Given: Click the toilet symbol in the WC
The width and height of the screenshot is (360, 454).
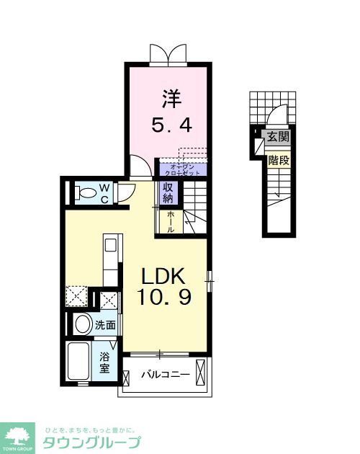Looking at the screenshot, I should pos(86,192).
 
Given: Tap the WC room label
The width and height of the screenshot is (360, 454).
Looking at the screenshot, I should pos(105,193).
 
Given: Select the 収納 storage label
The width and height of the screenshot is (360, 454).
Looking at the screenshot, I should pos(167,193).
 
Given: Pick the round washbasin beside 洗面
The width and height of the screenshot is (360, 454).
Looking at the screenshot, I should pos(81,324).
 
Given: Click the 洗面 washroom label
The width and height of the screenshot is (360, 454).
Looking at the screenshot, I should pos(105,325).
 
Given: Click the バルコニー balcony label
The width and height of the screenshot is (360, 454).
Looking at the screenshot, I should pos(165,375).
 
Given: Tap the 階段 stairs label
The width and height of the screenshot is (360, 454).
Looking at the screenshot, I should pos(278,160).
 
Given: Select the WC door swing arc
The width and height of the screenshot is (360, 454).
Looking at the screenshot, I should pos(125,192).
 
